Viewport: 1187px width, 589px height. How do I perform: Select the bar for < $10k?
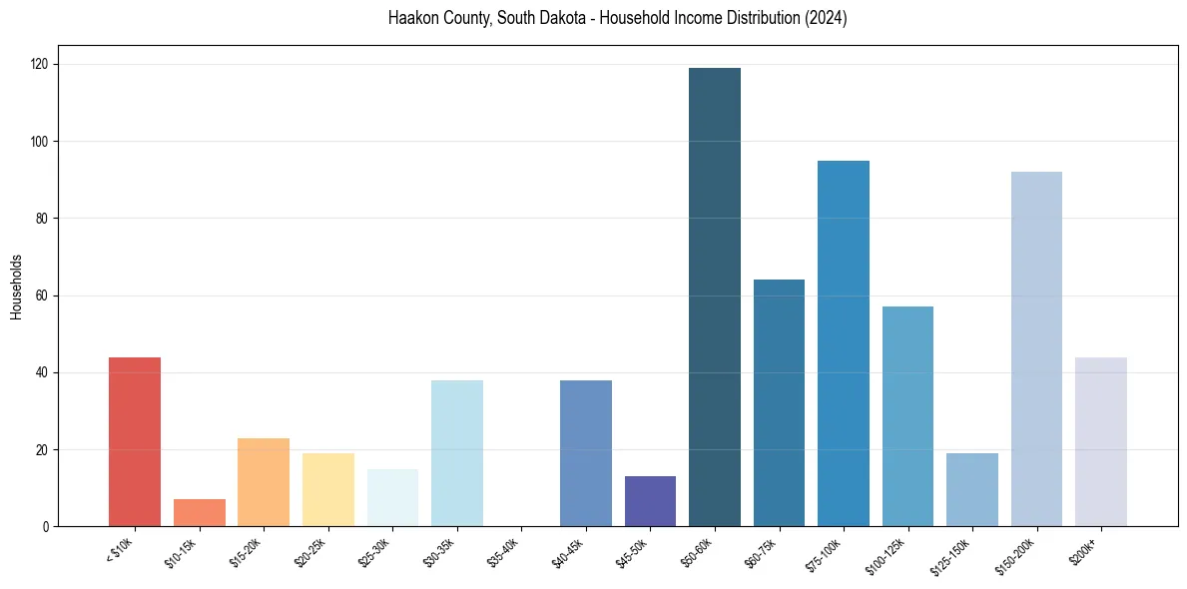pos(135,441)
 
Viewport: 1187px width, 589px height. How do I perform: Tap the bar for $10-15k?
pos(199,513)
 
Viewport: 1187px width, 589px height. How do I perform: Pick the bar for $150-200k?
pos(1036,349)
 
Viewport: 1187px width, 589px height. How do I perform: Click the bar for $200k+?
pos(1101,441)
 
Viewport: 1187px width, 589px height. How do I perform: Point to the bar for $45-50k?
pos(650,501)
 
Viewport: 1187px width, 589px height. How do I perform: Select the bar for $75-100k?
pos(844,343)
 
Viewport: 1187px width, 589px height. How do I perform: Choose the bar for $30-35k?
pos(457,453)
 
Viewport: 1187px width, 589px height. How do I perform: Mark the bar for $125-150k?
pos(972,489)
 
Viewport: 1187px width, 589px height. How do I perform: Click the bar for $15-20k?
pos(264,482)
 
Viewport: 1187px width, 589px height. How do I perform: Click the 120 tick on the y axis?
pos(41,64)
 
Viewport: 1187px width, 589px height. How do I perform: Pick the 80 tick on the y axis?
pos(43,219)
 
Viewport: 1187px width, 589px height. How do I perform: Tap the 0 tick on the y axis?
pos(46,526)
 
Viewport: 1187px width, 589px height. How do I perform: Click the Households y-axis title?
pos(17,286)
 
